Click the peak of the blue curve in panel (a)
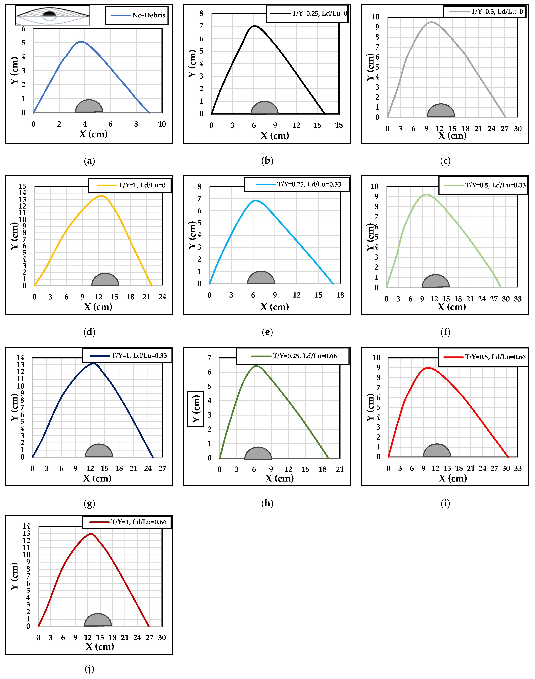point(81,42)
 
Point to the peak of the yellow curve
point(101,196)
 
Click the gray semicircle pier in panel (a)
point(89,106)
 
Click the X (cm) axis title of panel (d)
point(98,307)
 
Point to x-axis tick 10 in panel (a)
point(162,124)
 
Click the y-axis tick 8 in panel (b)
point(201,14)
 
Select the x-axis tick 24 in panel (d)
point(162,297)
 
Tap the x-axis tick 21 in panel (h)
point(340,469)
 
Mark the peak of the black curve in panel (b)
point(254,26)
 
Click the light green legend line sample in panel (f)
point(454,185)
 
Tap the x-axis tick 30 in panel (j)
point(162,638)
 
